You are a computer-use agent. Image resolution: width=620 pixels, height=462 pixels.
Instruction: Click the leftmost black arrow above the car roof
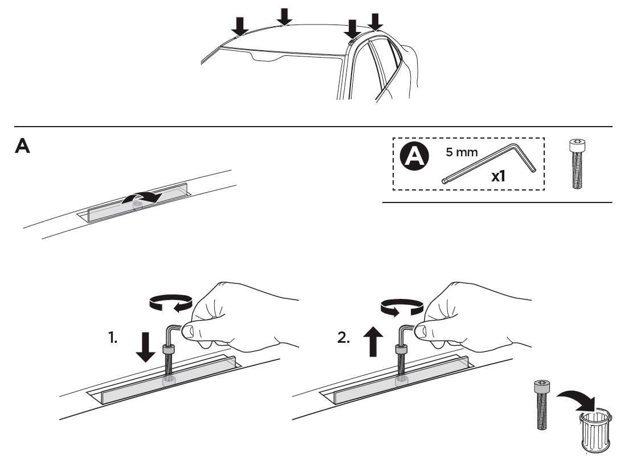point(239,26)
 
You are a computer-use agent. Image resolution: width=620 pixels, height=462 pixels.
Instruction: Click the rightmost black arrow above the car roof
point(375,22)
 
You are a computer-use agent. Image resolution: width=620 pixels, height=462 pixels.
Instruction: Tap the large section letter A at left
point(22,145)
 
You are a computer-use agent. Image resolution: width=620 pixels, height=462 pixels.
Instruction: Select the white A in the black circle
point(414,156)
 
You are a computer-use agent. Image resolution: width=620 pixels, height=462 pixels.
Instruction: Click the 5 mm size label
point(462,152)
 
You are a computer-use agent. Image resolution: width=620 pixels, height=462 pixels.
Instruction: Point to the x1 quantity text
point(498,176)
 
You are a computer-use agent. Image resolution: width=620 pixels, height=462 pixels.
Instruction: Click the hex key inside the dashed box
point(489,164)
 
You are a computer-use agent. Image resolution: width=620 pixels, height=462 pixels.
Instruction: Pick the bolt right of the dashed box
point(577,164)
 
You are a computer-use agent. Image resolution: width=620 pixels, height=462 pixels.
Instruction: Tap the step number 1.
point(113,338)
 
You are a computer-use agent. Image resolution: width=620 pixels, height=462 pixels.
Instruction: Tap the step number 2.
point(344,338)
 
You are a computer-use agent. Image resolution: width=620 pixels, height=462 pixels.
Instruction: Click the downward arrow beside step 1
point(145,347)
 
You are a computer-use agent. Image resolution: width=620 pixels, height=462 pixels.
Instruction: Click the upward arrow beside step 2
point(373,342)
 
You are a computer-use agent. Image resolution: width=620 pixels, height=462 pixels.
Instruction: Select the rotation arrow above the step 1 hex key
point(171,303)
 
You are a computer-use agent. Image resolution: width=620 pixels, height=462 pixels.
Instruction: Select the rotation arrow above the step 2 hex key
point(402,307)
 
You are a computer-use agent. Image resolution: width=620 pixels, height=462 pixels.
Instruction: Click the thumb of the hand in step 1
point(194,331)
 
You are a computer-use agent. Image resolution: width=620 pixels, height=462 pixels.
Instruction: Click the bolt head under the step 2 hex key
point(402,350)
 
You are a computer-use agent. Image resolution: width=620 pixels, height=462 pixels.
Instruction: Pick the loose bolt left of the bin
point(541,404)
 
